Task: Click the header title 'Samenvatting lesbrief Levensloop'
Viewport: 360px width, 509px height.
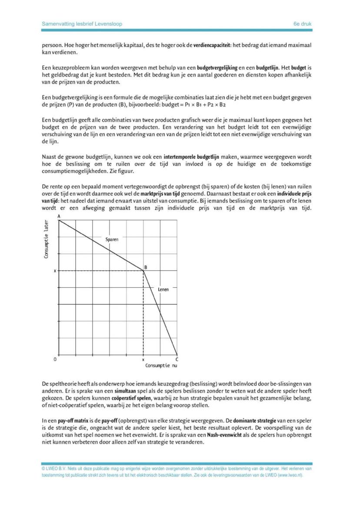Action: pos(82,24)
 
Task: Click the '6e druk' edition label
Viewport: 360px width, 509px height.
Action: pos(303,24)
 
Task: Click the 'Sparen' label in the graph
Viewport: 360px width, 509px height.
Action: pos(112,239)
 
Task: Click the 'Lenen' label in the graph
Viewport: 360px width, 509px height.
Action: pos(163,289)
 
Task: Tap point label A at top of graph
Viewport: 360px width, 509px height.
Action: pos(58,216)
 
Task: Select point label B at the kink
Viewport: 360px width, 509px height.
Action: pos(146,267)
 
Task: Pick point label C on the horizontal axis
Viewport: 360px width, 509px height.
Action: pos(176,359)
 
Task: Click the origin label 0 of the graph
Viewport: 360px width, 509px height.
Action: pos(55,359)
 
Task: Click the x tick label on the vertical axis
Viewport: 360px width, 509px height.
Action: pos(55,271)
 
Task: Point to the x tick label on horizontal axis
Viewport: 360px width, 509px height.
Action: pos(143,360)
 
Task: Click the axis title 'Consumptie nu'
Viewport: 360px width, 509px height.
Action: pos(161,366)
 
